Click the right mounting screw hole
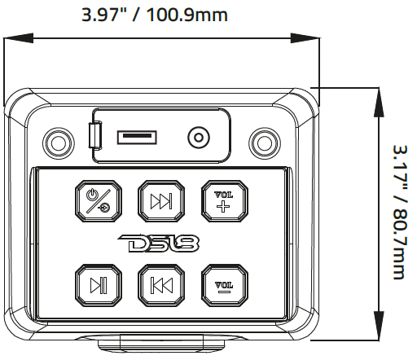click(x=263, y=142)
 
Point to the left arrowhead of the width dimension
click(x=10, y=37)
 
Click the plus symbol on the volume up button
click(x=222, y=206)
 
